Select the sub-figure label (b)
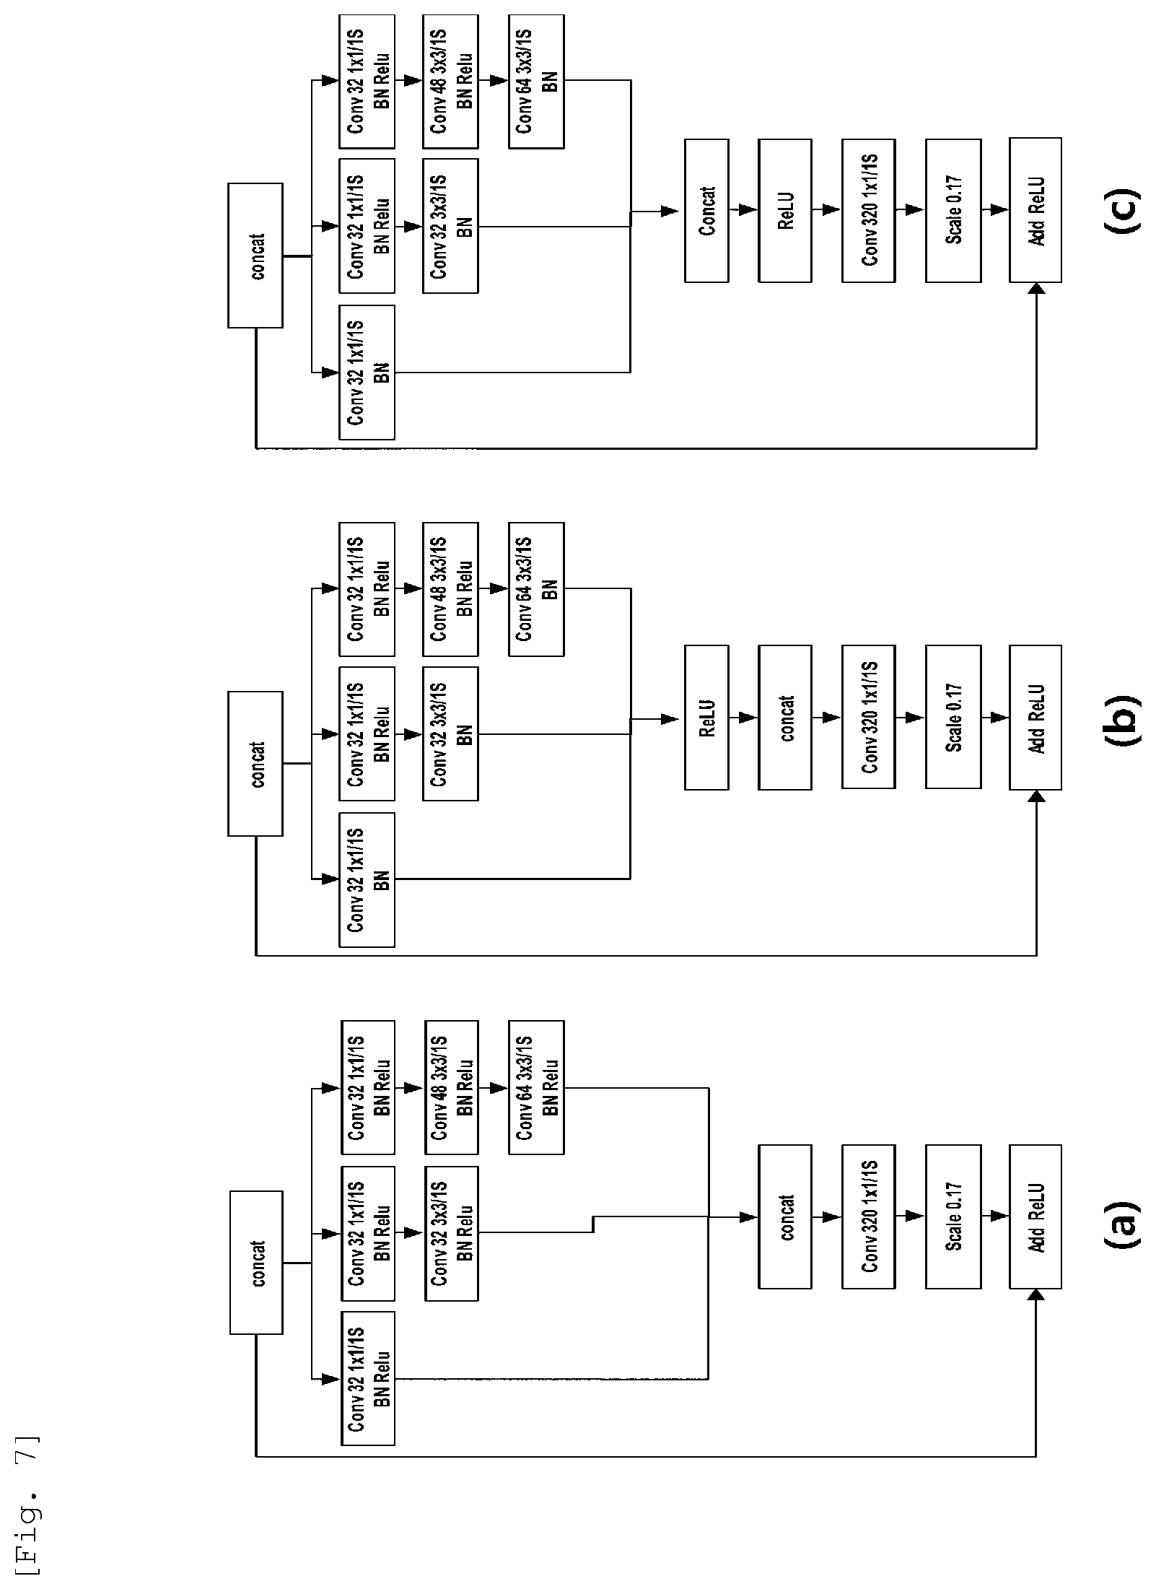pyautogui.click(x=1121, y=719)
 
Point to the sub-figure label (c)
pyautogui.click(x=1121, y=210)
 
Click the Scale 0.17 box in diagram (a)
pyautogui.click(x=953, y=1216)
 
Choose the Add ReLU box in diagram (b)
pyautogui.click(x=1035, y=718)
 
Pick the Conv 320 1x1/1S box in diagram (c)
pyautogui.click(x=868, y=210)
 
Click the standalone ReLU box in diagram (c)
pyautogui.click(x=785, y=210)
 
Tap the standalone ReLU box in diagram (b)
pyautogui.click(x=706, y=718)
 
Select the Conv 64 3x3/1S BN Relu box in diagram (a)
pyautogui.click(x=536, y=1087)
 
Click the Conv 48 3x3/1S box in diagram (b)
pyautogui.click(x=450, y=589)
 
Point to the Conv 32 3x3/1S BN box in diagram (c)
pyautogui.click(x=450, y=226)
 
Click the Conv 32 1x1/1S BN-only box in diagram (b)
pyautogui.click(x=367, y=879)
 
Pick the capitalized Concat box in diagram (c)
pyautogui.click(x=706, y=210)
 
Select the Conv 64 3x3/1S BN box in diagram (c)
pyautogui.click(x=536, y=82)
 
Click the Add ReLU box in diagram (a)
pyautogui.click(x=1035, y=1216)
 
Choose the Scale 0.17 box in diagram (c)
pyautogui.click(x=953, y=210)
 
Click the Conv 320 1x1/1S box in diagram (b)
pyautogui.click(x=868, y=718)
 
